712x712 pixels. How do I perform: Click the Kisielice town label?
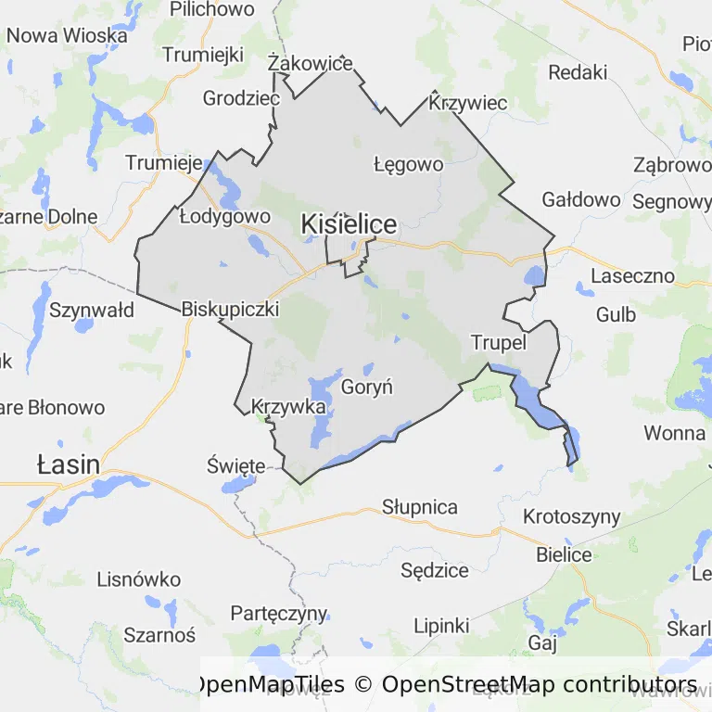point(349,224)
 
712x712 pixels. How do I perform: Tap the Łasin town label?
point(68,464)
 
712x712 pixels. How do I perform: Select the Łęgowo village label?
point(408,165)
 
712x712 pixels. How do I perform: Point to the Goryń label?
point(367,388)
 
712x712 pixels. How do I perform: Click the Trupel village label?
point(499,343)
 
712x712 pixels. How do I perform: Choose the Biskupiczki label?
point(231,309)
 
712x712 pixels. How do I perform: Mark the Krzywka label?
point(288,407)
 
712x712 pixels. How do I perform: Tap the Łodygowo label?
point(224,217)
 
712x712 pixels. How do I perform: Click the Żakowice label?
point(310,64)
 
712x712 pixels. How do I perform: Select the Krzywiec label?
point(469,103)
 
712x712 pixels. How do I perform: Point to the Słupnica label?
point(420,507)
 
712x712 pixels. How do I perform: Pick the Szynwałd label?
point(92,310)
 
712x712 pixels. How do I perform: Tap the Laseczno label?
point(632,276)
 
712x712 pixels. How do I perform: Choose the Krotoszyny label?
point(571,516)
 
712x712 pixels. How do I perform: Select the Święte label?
point(236,464)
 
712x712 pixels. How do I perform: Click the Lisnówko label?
point(139,580)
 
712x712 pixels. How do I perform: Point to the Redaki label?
point(578,72)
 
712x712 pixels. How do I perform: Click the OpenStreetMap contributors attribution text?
point(540,685)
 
